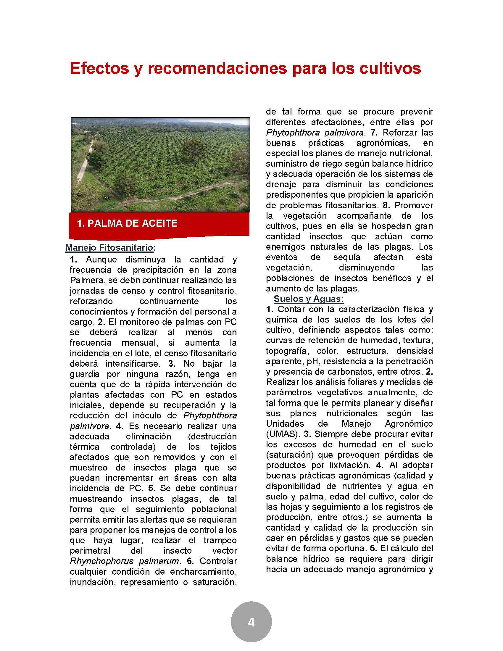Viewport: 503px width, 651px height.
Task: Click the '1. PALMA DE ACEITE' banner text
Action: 127,223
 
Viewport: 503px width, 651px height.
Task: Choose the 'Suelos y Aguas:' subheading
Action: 309,299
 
